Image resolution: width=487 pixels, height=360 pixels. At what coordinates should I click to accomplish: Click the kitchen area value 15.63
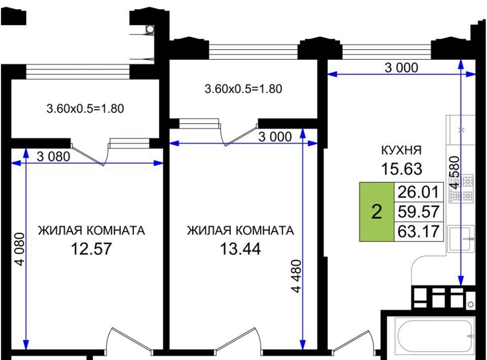pyautogui.click(x=402, y=169)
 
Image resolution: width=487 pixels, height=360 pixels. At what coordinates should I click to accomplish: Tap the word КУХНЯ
pyautogui.click(x=401, y=150)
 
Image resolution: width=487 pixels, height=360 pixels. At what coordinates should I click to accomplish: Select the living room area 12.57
pyautogui.click(x=91, y=249)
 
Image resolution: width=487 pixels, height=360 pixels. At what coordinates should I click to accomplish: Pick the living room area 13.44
pyautogui.click(x=240, y=249)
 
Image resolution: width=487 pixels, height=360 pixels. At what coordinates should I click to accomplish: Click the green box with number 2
pyautogui.click(x=377, y=211)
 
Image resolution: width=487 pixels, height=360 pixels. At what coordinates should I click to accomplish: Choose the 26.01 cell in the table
pyautogui.click(x=419, y=192)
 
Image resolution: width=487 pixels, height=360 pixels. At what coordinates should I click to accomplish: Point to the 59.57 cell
pyautogui.click(x=419, y=211)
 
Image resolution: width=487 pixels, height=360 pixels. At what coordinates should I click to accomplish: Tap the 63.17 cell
pyautogui.click(x=419, y=231)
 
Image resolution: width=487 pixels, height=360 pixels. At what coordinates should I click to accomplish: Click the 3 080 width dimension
pyautogui.click(x=53, y=157)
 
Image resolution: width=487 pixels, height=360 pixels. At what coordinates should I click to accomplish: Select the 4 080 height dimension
pyautogui.click(x=19, y=249)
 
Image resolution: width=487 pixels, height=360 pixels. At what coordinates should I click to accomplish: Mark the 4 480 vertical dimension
pyautogui.click(x=296, y=276)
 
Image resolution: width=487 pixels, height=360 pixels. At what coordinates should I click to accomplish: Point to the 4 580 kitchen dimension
pyautogui.click(x=454, y=172)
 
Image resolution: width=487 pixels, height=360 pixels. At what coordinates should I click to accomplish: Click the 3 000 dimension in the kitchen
pyautogui.click(x=401, y=67)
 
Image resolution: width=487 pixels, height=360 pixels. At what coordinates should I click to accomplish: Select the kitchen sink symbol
pyautogui.click(x=461, y=238)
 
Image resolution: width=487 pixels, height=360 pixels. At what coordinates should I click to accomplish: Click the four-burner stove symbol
pyautogui.click(x=461, y=189)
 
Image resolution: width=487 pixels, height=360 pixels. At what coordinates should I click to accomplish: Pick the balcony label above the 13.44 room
pyautogui.click(x=243, y=89)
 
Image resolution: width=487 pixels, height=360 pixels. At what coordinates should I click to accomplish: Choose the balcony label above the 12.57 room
pyautogui.click(x=85, y=109)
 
